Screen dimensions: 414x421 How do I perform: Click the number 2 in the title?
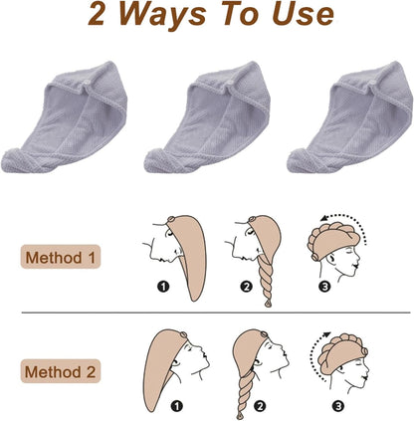(97, 14)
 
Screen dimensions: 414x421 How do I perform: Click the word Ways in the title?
(162, 15)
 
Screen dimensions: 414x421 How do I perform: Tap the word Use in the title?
(303, 14)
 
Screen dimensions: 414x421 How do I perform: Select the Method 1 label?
(61, 257)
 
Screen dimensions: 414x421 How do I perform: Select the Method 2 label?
(61, 371)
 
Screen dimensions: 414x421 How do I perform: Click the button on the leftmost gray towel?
(88, 83)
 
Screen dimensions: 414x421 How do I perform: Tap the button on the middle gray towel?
(230, 83)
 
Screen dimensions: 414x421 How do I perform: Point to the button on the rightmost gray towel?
(373, 83)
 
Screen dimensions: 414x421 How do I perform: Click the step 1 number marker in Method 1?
(163, 286)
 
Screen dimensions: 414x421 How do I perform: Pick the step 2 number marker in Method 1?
(246, 286)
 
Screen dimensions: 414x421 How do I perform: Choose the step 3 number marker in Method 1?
(324, 286)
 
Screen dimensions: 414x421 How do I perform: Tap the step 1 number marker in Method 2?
(177, 405)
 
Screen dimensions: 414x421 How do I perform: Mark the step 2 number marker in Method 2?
(260, 405)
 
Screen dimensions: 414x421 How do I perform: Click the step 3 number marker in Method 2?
(338, 405)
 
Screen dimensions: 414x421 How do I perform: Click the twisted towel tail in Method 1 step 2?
(267, 279)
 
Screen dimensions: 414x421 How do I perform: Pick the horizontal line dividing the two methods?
(216, 313)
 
